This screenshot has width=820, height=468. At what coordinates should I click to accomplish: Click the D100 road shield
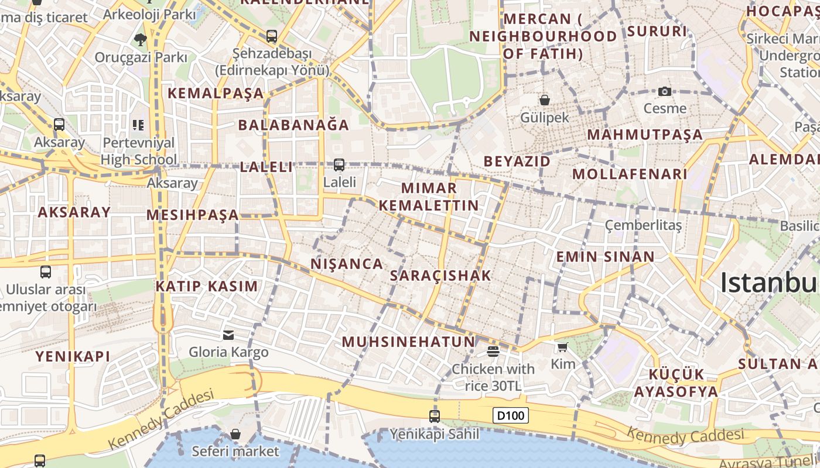click(x=511, y=416)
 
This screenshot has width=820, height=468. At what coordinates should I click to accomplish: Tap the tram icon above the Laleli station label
click(x=339, y=165)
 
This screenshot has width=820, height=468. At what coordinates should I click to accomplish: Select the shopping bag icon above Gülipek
click(x=545, y=100)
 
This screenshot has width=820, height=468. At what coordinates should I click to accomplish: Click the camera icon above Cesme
click(x=664, y=91)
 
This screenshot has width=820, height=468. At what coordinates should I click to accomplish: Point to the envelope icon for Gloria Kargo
click(x=228, y=335)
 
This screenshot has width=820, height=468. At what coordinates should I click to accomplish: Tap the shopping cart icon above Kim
click(x=562, y=347)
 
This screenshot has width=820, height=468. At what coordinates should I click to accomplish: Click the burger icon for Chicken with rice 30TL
click(x=493, y=351)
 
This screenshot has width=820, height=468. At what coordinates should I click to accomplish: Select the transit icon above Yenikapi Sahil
click(x=434, y=416)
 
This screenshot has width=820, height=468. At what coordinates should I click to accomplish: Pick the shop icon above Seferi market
click(x=235, y=434)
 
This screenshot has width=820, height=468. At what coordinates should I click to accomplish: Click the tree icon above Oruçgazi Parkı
click(x=140, y=40)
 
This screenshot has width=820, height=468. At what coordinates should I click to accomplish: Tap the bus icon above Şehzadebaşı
click(x=271, y=36)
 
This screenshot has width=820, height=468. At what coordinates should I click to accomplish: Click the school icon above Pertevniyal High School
click(x=138, y=125)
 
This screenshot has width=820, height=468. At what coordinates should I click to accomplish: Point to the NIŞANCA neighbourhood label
click(x=347, y=264)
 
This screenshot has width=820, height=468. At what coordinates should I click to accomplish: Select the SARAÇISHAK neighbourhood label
click(x=440, y=276)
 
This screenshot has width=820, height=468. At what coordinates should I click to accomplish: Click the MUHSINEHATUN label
click(x=408, y=342)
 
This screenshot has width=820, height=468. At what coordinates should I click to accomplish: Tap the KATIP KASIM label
click(x=206, y=286)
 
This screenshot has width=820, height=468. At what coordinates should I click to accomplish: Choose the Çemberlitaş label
click(x=643, y=225)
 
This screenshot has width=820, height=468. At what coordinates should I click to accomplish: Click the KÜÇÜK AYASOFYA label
click(x=676, y=383)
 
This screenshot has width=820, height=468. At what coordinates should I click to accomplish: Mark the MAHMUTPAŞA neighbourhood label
click(x=644, y=135)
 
